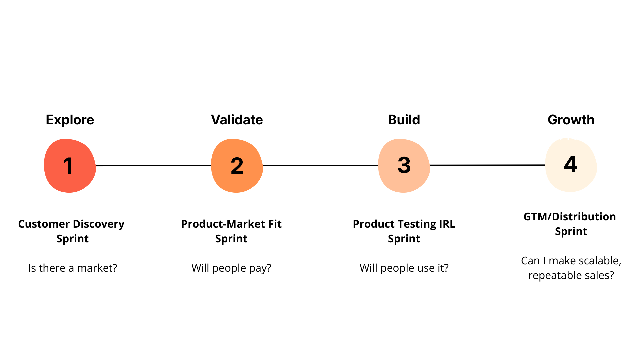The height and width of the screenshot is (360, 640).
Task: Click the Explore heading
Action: (x=70, y=120)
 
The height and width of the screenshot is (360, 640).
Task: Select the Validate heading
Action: (x=237, y=120)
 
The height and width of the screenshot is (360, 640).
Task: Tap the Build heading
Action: (x=404, y=120)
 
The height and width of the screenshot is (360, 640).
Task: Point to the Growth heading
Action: (x=571, y=120)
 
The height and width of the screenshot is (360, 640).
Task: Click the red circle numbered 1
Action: (x=70, y=166)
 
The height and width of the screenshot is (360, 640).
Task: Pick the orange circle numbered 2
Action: (x=237, y=166)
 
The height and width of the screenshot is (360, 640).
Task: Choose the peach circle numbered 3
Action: (x=404, y=166)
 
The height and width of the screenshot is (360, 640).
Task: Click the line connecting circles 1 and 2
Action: (x=153, y=165)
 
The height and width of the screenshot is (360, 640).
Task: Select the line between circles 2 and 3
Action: (x=320, y=165)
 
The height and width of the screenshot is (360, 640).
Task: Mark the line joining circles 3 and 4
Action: (x=487, y=165)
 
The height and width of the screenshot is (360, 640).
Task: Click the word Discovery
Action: (x=99, y=224)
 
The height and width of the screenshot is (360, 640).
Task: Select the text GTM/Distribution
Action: (x=570, y=217)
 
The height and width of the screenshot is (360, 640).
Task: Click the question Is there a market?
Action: (x=73, y=268)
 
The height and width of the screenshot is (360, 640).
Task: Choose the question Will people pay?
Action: (x=231, y=268)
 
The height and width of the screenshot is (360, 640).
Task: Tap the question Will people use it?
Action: (x=404, y=268)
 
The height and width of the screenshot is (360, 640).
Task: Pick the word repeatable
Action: (x=552, y=276)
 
